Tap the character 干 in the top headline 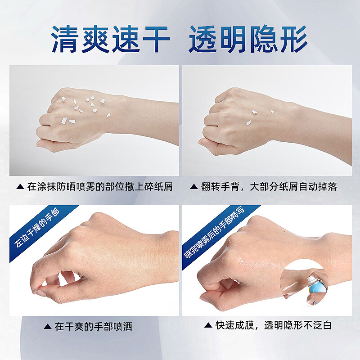[x=156, y=39]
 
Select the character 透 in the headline [x=203, y=39]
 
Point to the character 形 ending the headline [x=294, y=39]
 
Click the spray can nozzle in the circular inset [x=311, y=279]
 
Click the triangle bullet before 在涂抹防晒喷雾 [x=20, y=187]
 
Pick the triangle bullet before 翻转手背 [x=194, y=187]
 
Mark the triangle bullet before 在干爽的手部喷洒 [x=48, y=326]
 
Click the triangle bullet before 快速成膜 [x=208, y=325]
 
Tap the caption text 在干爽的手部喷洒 [x=94, y=326]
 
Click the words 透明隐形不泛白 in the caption [x=298, y=325]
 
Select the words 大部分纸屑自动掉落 [x=293, y=187]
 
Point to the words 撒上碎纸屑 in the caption [x=149, y=187]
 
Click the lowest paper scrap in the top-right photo [x=248, y=122]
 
